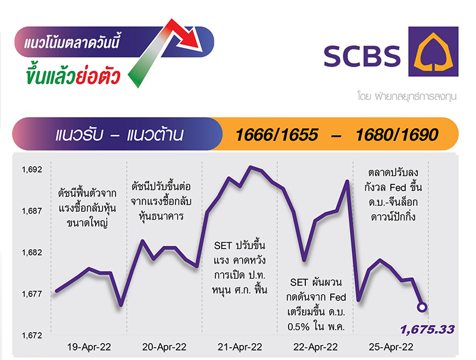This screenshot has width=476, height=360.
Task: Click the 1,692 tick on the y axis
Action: coord(32,170)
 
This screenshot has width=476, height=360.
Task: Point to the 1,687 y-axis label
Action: coord(32,211)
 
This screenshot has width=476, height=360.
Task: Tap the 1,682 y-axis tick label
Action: coord(32,252)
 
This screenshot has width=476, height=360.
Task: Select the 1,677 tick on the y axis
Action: coord(32,294)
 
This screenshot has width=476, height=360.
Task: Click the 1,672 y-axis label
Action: coord(32,336)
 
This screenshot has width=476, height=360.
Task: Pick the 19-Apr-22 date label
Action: coord(89,347)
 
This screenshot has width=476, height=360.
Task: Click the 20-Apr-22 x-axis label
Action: coord(164,347)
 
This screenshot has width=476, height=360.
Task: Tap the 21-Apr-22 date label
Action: coord(240,347)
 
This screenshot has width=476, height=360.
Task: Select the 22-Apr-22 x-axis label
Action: coord(315,347)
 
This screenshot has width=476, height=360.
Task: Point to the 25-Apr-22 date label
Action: coord(391,347)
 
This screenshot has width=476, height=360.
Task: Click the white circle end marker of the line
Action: coord(422,307)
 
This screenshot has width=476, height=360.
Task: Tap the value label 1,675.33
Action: coord(427,329)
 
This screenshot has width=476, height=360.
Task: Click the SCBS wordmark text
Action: coord(362,56)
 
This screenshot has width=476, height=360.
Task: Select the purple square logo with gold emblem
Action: coord(433,51)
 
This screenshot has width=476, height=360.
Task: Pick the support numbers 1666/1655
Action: coord(277,134)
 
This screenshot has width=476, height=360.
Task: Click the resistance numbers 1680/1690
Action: coord(397,134)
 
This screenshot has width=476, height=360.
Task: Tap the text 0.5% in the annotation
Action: coord(299,327)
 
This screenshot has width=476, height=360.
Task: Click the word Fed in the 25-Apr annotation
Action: coord(397,187)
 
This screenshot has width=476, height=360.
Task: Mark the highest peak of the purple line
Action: coord(250,167)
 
